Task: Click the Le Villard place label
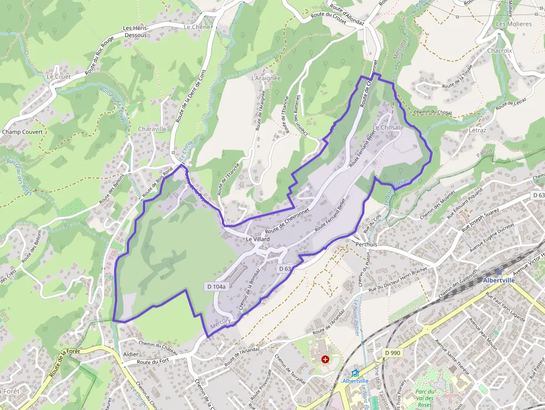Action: pyautogui.click(x=257, y=239)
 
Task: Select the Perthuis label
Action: pyautogui.click(x=365, y=244)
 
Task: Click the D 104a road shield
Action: pyautogui.click(x=216, y=286)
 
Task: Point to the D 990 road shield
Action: pyautogui.click(x=392, y=352)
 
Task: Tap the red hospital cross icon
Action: pyautogui.click(x=325, y=359)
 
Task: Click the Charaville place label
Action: pyautogui.click(x=152, y=129)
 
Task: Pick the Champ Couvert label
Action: pyautogui.click(x=22, y=132)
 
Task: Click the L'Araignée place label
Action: pyautogui.click(x=266, y=78)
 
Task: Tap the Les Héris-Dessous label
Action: pyautogui.click(x=135, y=31)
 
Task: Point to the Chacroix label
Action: pyautogui.click(x=499, y=50)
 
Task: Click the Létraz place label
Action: pyautogui.click(x=477, y=131)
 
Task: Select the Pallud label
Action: pyautogui.click(x=484, y=151)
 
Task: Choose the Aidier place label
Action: pyautogui.click(x=131, y=354)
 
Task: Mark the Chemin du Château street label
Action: pyautogui.click(x=158, y=347)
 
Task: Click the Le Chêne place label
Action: pyautogui.click(x=197, y=27)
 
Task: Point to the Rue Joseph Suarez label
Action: pyautogui.click(x=480, y=219)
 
